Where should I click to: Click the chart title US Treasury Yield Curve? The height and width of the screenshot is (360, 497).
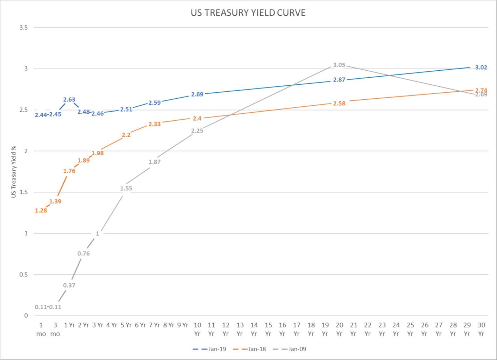pyautogui.click(x=248, y=13)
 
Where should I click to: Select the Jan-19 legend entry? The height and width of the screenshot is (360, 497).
pyautogui.click(x=209, y=349)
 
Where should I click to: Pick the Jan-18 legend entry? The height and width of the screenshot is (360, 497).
pyautogui.click(x=249, y=349)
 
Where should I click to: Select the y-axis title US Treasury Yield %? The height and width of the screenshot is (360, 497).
pyautogui.click(x=14, y=171)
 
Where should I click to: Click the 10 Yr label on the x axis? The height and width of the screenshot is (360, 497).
pyautogui.click(x=197, y=329)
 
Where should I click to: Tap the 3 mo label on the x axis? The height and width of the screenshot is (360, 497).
pyautogui.click(x=55, y=329)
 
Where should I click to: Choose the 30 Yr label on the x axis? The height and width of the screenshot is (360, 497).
pyautogui.click(x=481, y=329)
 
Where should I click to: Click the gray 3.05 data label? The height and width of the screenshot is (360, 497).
pyautogui.click(x=339, y=65)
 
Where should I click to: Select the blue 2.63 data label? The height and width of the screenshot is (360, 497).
pyautogui.click(x=69, y=100)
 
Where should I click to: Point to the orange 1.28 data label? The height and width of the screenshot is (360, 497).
pyautogui.click(x=41, y=211)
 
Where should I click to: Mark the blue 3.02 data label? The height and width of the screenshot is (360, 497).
pyautogui.click(x=481, y=68)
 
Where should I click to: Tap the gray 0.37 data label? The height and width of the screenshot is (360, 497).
pyautogui.click(x=69, y=285)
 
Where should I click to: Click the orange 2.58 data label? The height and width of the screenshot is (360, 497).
pyautogui.click(x=339, y=104)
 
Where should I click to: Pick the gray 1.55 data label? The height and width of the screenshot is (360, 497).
pyautogui.click(x=126, y=189)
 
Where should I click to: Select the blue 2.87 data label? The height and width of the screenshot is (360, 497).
pyautogui.click(x=339, y=80)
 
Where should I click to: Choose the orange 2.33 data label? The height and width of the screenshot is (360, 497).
pyautogui.click(x=155, y=124)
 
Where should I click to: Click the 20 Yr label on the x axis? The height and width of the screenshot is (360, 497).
pyautogui.click(x=339, y=329)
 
